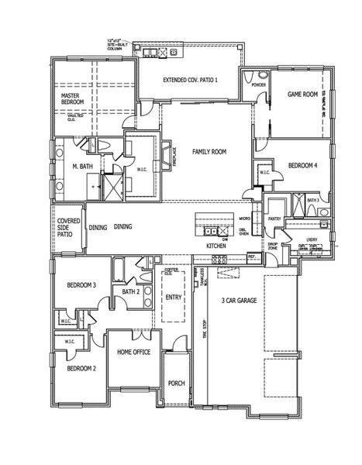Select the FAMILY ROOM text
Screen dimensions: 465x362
209,152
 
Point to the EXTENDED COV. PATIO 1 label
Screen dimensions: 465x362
191,81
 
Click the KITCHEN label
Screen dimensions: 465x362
215,246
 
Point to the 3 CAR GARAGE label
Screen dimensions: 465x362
239,300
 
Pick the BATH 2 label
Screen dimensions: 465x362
130,291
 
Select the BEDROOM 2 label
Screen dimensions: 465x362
81,368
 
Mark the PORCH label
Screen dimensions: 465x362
176,383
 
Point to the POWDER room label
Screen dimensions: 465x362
259,84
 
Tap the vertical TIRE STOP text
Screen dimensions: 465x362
205,329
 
